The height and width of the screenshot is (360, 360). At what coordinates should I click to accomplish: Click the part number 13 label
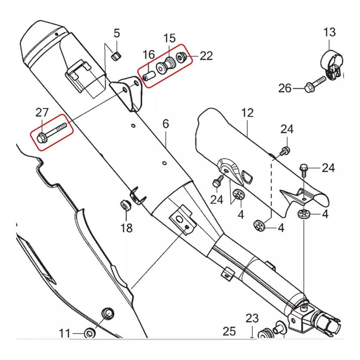[329, 32]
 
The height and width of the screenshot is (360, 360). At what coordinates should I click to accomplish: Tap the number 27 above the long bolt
[42, 113]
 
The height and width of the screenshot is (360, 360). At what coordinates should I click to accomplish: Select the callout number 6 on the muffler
[166, 124]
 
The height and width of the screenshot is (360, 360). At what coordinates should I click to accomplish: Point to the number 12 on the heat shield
[247, 113]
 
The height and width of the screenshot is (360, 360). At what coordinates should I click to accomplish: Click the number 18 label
[127, 228]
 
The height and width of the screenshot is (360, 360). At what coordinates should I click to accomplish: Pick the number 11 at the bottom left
[65, 333]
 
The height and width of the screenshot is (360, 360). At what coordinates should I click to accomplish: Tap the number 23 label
[252, 319]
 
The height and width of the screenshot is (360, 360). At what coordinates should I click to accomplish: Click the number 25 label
[229, 331]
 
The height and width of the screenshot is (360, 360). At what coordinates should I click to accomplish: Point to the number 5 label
[117, 34]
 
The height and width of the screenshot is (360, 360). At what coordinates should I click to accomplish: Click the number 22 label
[206, 56]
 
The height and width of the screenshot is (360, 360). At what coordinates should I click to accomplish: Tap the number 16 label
[149, 54]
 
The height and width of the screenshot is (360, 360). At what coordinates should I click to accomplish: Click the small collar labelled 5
[115, 56]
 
